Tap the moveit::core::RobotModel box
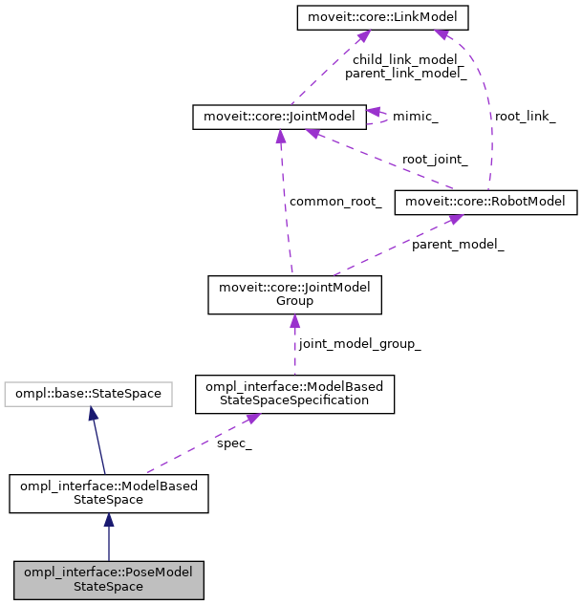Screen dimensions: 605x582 [x=487, y=202]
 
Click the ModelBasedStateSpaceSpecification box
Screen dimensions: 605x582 [x=294, y=393]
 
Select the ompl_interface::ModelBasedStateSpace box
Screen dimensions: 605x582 [x=109, y=493]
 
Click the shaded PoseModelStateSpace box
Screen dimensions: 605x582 [x=109, y=579]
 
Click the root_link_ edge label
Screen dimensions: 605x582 [x=524, y=116]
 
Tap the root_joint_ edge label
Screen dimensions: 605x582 [x=435, y=160]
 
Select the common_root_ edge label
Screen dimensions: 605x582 [x=335, y=202]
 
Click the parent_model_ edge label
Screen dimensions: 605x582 [x=458, y=244]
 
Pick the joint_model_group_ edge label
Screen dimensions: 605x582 [x=359, y=343]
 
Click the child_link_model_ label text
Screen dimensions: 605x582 [x=405, y=58]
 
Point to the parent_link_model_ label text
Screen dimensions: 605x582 [x=405, y=72]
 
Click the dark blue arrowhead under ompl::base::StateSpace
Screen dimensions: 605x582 [x=92, y=414]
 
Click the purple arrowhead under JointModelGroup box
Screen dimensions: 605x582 [x=294, y=323]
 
